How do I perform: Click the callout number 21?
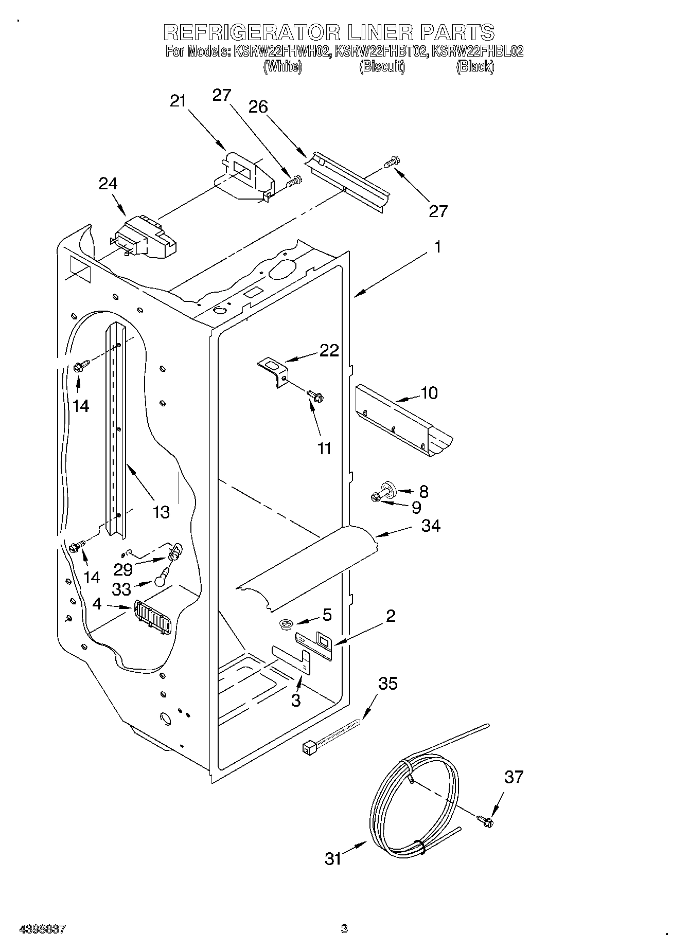point(178,101)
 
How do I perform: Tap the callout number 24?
point(108,184)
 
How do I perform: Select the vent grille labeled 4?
point(152,617)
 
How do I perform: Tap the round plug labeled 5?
point(286,624)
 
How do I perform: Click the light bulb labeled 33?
point(160,579)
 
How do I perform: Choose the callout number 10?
point(429,393)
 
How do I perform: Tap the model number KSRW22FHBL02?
point(477,51)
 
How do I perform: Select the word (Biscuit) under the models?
point(382,66)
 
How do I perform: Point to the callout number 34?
point(431,526)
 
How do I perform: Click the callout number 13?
point(161,512)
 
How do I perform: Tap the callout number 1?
point(437,247)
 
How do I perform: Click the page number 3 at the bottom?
point(344,929)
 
